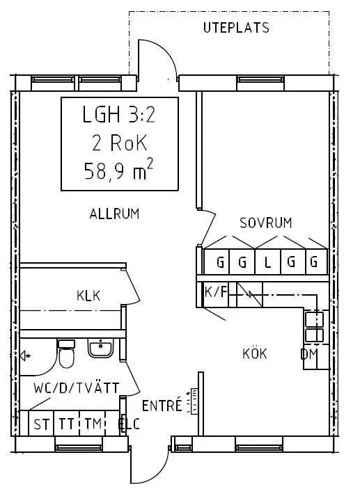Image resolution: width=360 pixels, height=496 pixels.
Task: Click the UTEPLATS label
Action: (x=236, y=29)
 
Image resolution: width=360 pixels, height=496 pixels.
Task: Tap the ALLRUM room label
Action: (x=114, y=214)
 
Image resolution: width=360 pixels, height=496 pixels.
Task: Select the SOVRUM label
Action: (x=265, y=223)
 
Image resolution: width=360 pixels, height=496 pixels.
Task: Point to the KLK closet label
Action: (x=88, y=296)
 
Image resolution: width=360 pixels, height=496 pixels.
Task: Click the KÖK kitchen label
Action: (x=255, y=353)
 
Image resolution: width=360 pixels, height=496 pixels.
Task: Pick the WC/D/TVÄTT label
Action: (x=76, y=387)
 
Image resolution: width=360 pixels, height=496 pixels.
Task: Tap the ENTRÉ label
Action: (x=162, y=406)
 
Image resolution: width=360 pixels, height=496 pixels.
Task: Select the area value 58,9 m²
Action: (x=118, y=171)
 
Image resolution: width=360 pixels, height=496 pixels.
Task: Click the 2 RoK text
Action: (x=119, y=144)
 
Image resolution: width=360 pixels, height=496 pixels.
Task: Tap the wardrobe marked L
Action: (x=267, y=263)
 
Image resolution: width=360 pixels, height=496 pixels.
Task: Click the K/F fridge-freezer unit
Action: (x=215, y=291)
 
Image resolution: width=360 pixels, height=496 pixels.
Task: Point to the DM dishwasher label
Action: (x=309, y=355)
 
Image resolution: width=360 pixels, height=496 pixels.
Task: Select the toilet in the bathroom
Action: (x=67, y=356)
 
